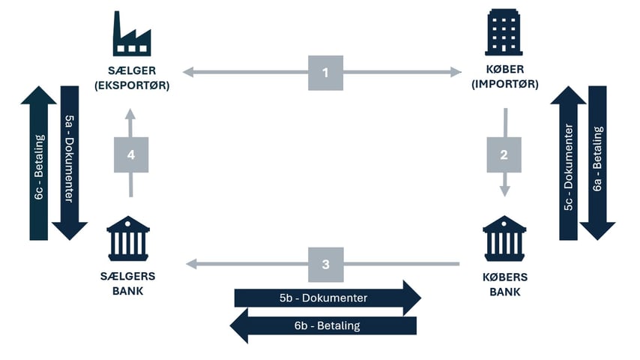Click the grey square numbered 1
[325, 73]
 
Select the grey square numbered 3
[325, 264]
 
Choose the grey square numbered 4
[131, 154]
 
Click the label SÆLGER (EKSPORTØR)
[132, 78]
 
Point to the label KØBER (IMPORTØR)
[504, 78]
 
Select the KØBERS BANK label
[504, 283]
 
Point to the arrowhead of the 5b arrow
[411, 298]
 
